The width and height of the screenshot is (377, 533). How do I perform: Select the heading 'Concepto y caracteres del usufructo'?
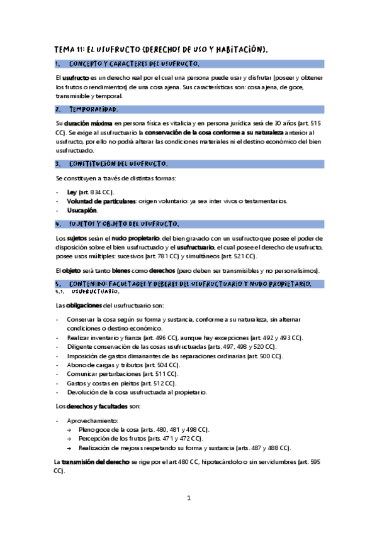tap(134, 64)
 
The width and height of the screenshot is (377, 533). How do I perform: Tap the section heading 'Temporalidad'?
tap(93, 109)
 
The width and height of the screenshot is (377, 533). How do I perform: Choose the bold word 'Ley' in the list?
tap(72, 192)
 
